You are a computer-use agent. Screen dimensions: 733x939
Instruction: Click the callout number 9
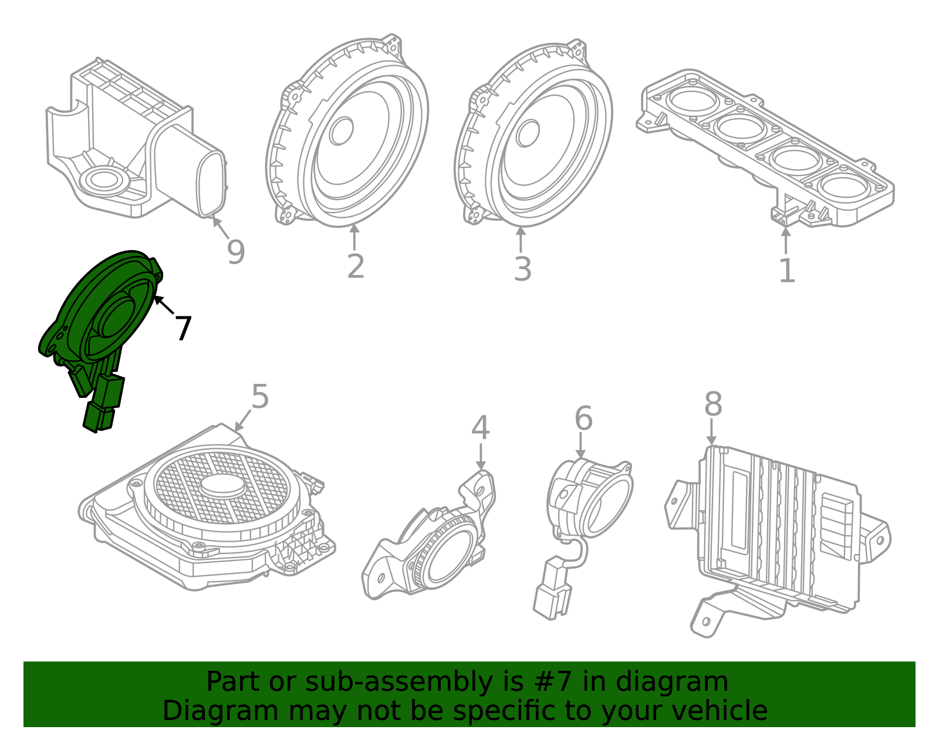click(235, 253)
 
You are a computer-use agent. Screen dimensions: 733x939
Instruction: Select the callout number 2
click(356, 266)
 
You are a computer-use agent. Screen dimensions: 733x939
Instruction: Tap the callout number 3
click(522, 269)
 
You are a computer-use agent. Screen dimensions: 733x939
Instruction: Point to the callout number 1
click(786, 271)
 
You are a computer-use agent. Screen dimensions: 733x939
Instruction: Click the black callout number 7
click(183, 329)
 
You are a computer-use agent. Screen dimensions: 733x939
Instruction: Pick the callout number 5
click(259, 397)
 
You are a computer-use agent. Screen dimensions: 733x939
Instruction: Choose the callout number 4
click(480, 428)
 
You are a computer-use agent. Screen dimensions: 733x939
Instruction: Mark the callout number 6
click(583, 419)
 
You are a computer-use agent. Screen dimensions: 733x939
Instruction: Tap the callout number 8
click(713, 405)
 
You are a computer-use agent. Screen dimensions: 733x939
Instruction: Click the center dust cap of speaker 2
click(341, 131)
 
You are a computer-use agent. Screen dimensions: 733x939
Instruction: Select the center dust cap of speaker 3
click(528, 133)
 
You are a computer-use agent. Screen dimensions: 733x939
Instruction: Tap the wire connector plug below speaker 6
click(551, 590)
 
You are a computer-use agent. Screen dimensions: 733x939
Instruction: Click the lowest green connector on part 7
click(98, 417)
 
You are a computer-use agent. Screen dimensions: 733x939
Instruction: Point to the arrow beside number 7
click(164, 305)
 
